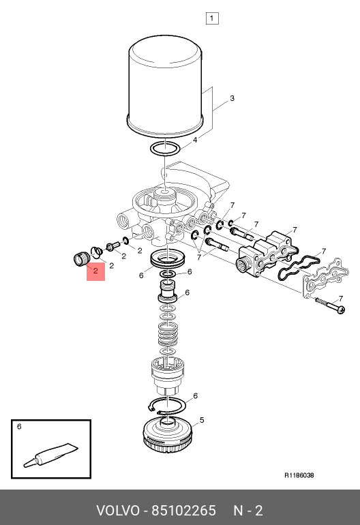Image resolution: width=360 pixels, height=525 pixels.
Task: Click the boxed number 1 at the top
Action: click(x=212, y=18)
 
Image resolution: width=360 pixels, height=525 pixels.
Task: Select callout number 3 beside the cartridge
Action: click(x=232, y=98)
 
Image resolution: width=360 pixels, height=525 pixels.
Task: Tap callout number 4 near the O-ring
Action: click(x=195, y=140)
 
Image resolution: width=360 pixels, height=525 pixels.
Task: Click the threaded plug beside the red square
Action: click(x=81, y=259)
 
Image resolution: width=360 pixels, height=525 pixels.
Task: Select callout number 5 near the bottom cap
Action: click(x=202, y=420)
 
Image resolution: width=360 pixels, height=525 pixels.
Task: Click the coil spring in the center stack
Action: click(x=168, y=336)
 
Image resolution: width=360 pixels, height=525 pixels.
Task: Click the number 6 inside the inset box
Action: click(x=19, y=427)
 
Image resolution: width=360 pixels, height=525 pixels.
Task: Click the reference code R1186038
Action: click(x=299, y=475)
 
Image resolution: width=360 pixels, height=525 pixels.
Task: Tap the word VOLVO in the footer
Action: click(x=118, y=511)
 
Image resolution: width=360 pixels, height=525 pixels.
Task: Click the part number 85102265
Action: click(x=184, y=511)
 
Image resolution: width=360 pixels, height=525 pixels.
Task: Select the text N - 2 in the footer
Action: click(x=248, y=511)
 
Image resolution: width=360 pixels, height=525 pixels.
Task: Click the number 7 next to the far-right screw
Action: click(x=341, y=299)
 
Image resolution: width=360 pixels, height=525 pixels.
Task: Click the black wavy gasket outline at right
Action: click(x=299, y=267)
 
